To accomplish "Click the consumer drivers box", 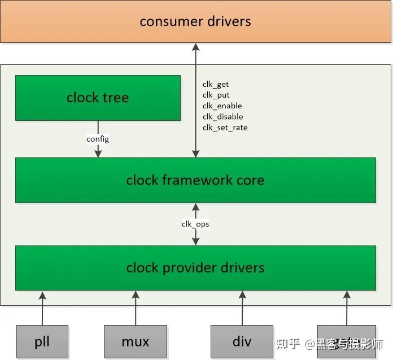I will [196, 21].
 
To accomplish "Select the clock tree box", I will [98, 98].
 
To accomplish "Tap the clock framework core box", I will [195, 180].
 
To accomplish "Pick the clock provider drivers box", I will [195, 267].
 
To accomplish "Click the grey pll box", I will [42, 341].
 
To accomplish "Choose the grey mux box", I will [136, 341].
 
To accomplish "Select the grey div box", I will [242, 341].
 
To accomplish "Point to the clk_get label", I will [216, 85].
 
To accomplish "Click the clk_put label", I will [216, 95].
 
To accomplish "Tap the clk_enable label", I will [222, 106].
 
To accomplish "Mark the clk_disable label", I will [222, 117].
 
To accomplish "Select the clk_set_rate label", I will [225, 128].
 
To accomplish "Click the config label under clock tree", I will [98, 139].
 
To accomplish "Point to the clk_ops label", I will [195, 224].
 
